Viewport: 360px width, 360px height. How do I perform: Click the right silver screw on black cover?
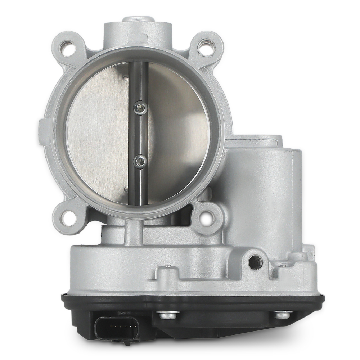[283, 314]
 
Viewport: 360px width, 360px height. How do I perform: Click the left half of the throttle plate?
[97, 133]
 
